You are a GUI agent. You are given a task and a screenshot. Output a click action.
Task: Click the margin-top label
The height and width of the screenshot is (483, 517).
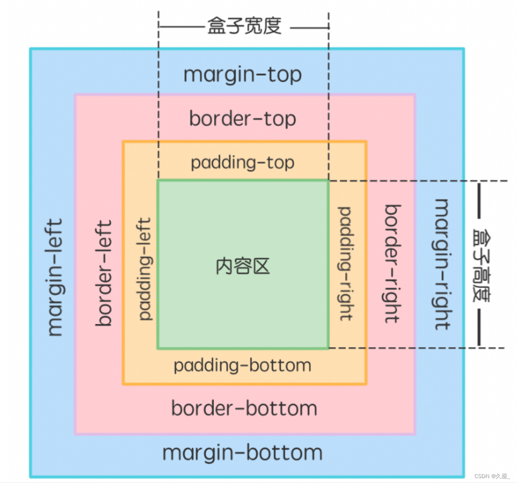click(x=242, y=75)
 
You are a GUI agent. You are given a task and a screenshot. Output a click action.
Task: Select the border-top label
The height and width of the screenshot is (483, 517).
click(x=242, y=119)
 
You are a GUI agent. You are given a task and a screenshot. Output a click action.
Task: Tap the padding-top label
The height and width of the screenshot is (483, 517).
click(x=242, y=163)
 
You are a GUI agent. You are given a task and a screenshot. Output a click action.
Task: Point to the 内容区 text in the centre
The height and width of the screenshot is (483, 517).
click(x=242, y=266)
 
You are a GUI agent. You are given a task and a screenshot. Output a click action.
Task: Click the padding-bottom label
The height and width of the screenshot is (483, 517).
click(x=242, y=366)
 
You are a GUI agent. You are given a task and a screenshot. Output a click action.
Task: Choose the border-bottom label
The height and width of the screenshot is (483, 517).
click(x=244, y=408)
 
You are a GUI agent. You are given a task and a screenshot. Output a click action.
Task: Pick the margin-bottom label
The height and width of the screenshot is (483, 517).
click(x=242, y=453)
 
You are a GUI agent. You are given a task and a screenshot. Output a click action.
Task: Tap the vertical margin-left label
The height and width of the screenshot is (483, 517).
click(x=55, y=277)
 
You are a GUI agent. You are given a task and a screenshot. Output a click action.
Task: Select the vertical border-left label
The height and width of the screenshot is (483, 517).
click(x=104, y=273)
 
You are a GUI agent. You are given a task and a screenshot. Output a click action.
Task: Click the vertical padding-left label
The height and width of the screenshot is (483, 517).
click(x=145, y=268)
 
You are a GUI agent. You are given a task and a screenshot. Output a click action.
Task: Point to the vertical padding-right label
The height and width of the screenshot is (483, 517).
click(x=345, y=264)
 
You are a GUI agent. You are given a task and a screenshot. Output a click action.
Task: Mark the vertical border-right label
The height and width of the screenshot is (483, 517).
click(x=392, y=264)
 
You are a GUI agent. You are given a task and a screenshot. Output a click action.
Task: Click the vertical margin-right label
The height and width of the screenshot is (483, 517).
click(x=442, y=264)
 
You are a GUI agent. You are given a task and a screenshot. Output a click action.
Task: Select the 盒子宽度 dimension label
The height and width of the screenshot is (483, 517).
click(x=244, y=26)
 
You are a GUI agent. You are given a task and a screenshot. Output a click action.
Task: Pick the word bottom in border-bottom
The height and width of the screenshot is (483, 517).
click(x=282, y=408)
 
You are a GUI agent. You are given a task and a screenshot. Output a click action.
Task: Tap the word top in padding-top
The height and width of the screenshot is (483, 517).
click(x=280, y=163)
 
